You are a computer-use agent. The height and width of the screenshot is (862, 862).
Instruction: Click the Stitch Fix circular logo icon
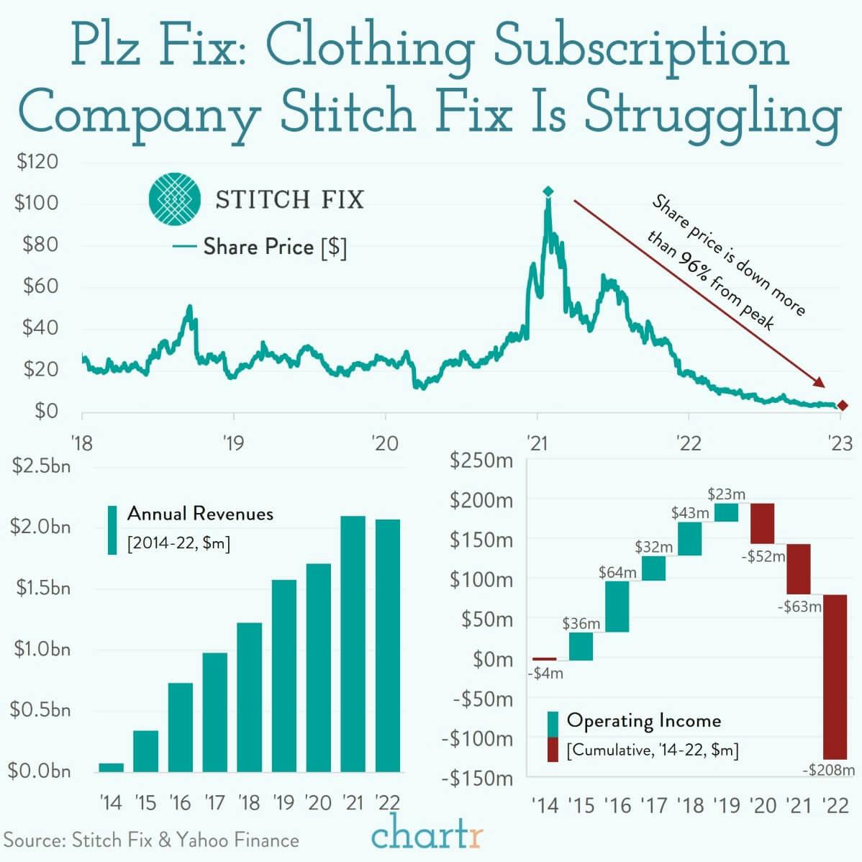pos(175,199)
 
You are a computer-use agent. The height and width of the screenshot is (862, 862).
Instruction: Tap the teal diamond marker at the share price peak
pos(548,191)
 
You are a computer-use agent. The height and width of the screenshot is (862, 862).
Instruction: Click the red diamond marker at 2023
pos(843,407)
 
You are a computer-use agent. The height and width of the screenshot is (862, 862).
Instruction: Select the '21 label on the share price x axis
pos(537,443)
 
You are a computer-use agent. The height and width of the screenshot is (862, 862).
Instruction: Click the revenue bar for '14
pos(111,767)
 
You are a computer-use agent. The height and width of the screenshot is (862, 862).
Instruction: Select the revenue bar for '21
pos(353,644)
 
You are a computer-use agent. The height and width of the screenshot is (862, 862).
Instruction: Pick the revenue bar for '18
pos(249,697)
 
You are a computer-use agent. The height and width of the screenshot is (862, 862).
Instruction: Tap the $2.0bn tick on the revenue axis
pos(40,527)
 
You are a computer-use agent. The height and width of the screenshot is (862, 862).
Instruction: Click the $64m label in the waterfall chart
pos(617,573)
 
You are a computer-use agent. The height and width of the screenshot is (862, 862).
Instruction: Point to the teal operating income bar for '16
pos(617,607)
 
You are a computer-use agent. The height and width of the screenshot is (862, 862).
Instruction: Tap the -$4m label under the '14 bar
pos(545,674)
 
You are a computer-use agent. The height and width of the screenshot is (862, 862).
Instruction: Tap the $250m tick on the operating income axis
pos(481,461)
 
